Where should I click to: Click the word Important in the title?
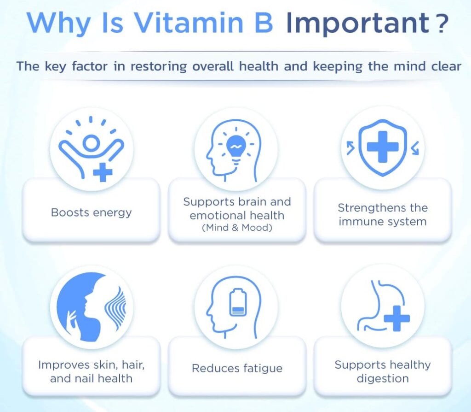tap(357, 24)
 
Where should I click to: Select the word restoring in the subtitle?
tap(159, 66)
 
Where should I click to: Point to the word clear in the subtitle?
tap(446, 66)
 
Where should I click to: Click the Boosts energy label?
tap(92, 212)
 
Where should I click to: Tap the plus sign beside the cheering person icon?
tap(103, 172)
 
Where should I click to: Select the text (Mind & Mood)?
tap(237, 228)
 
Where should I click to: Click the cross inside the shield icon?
tap(382, 147)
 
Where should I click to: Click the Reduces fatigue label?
tap(237, 368)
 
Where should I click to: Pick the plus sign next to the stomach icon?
tap(397, 318)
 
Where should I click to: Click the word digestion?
tap(383, 379)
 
